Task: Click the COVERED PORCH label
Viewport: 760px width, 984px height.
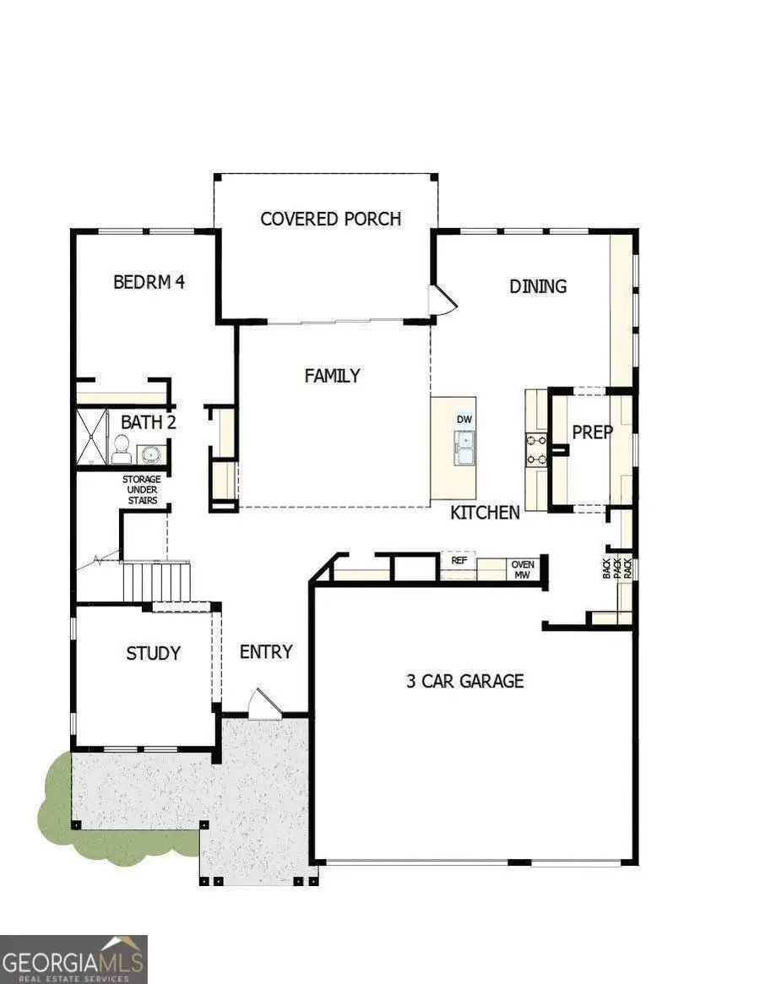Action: point(330,219)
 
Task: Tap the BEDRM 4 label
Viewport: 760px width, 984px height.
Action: point(149,282)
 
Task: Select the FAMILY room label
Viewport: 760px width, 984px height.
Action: point(332,376)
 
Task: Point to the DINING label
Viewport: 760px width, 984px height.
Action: point(537,286)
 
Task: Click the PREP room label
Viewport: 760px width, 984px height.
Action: point(592,432)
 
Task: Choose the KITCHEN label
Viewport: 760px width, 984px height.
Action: point(485,512)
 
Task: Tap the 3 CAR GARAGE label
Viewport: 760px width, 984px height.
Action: point(464,681)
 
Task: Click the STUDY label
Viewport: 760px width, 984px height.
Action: point(153,653)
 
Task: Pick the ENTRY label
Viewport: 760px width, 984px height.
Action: point(266,652)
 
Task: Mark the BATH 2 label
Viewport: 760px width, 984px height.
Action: point(148,422)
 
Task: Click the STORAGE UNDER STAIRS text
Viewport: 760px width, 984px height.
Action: point(142,490)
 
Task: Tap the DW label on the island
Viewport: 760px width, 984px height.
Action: point(464,420)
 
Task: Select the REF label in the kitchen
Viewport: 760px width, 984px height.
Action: point(459,560)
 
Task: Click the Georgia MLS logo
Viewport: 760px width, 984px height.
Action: point(74,959)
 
